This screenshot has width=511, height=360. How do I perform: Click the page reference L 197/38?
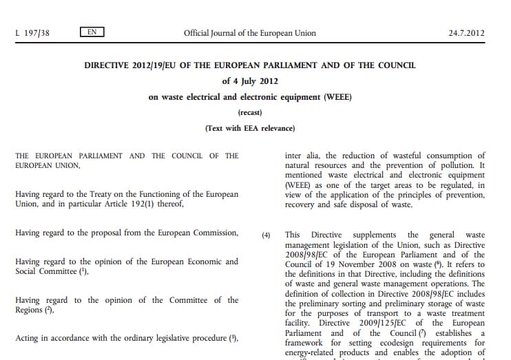[32, 32]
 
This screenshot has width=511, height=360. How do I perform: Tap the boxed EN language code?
[92, 32]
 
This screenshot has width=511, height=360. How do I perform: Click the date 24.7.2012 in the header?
[466, 32]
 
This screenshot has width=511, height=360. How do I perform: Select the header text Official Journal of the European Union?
[250, 32]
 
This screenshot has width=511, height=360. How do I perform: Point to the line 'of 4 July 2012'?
[250, 81]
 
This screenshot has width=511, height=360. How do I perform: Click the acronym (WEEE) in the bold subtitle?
[337, 97]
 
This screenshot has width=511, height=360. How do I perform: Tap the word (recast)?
[250, 112]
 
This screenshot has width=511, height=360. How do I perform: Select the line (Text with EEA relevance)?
[250, 127]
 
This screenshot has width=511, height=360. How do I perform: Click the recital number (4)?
[267, 235]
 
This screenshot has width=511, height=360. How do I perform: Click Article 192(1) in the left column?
[160, 204]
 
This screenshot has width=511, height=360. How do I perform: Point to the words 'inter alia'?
[300, 156]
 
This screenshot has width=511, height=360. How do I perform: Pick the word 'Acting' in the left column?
[28, 338]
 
